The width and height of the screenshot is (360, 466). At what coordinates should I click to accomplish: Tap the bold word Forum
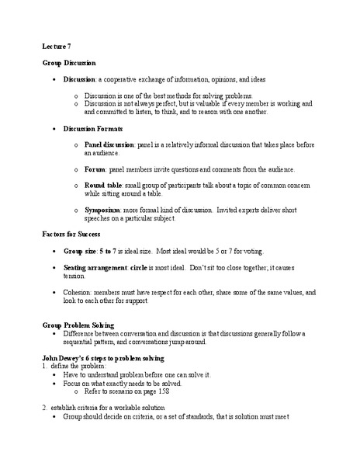tap(95, 169)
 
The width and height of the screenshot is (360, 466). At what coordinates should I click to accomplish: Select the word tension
tap(75, 274)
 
